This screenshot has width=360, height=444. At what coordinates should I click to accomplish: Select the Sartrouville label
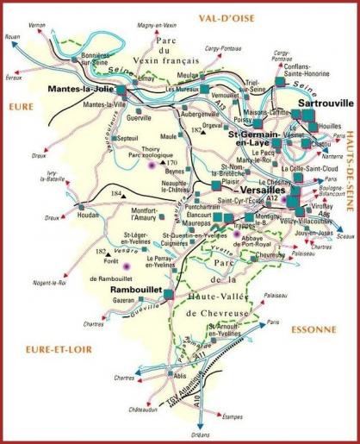point(325,103)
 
